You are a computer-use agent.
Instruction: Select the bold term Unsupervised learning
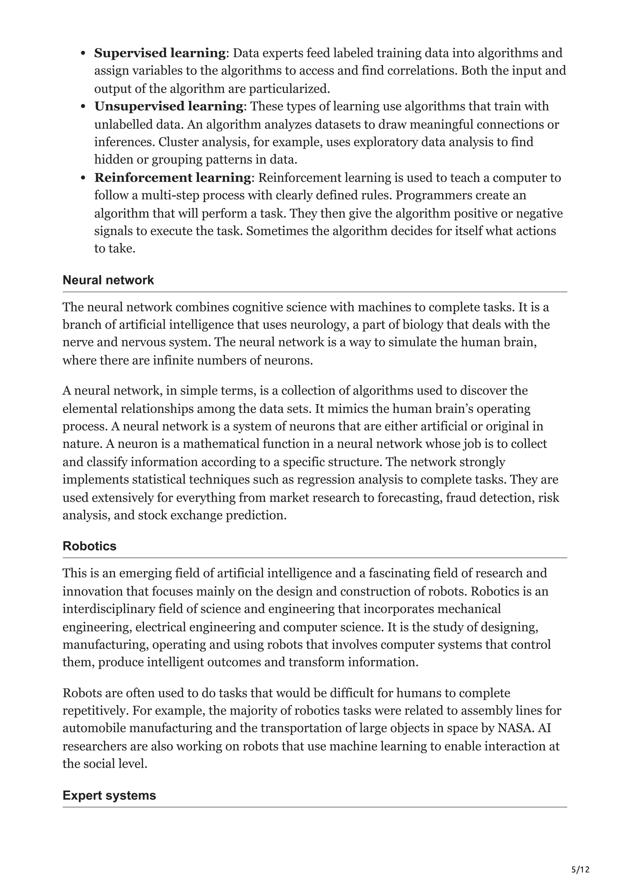tap(169, 106)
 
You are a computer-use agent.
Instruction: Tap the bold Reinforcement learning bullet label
tap(173, 177)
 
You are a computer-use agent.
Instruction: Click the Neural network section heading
tap(108, 280)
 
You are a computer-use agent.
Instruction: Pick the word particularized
tap(289, 89)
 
